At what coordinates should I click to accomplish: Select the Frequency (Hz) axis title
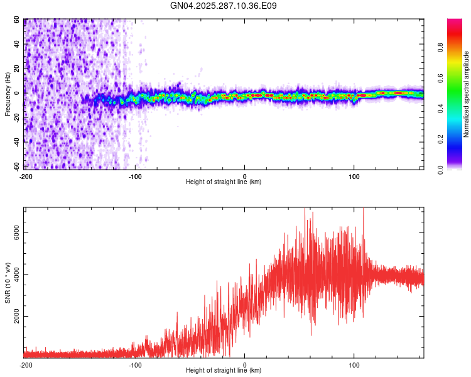[8, 94]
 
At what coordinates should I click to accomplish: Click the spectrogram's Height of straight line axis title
[224, 182]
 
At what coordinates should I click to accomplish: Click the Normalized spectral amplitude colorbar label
[467, 94]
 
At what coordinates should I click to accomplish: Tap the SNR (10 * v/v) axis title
[8, 283]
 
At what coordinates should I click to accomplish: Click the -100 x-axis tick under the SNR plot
[135, 364]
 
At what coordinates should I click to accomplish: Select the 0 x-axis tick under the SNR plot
[245, 364]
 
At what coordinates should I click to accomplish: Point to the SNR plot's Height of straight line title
[224, 371]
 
